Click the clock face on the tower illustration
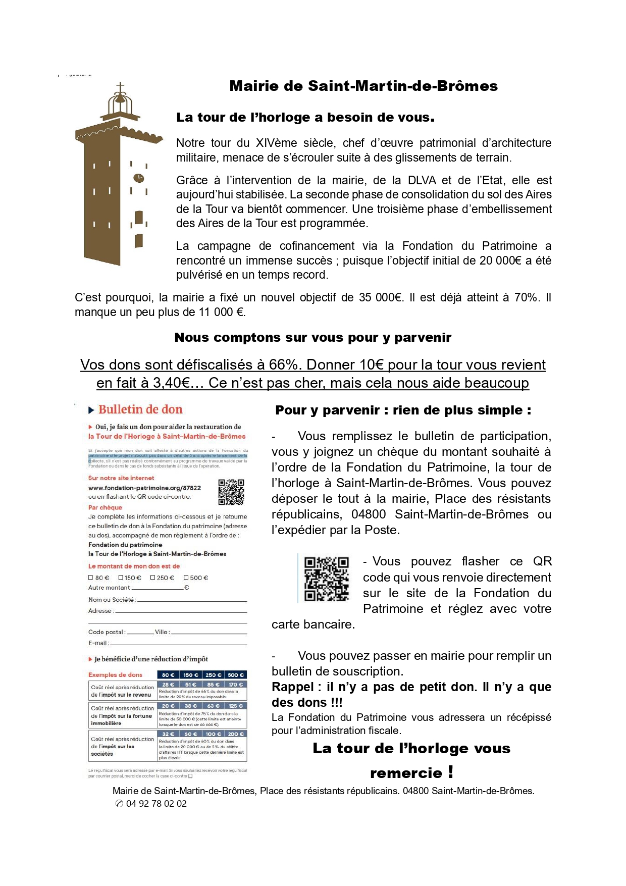click(x=138, y=178)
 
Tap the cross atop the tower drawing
click(x=120, y=88)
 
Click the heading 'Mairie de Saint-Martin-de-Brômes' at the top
click(x=363, y=86)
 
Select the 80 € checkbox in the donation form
click(x=91, y=578)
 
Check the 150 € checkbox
click(x=121, y=578)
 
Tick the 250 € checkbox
click(x=152, y=578)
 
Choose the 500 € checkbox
click(x=186, y=578)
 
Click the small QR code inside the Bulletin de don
click(x=231, y=492)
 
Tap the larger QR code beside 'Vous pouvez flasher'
click(x=327, y=579)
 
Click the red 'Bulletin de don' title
click(x=140, y=409)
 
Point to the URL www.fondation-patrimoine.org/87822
click(x=144, y=488)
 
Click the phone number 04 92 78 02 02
click(x=156, y=804)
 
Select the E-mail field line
click(x=178, y=644)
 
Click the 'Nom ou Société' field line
click(x=192, y=601)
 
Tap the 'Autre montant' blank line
click(x=158, y=589)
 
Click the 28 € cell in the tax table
click(x=169, y=685)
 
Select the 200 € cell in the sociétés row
click(x=236, y=734)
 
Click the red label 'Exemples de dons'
click(x=115, y=674)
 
